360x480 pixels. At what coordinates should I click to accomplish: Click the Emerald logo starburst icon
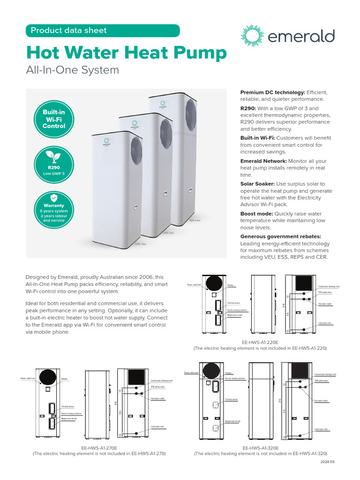(252, 36)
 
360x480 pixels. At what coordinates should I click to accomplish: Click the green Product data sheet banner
(103, 30)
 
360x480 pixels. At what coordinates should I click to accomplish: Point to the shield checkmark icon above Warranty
(54, 198)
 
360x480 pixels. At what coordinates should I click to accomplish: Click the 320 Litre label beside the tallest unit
(195, 220)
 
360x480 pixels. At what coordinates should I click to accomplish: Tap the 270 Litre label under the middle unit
(168, 233)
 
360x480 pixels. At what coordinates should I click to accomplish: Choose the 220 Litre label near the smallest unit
(140, 244)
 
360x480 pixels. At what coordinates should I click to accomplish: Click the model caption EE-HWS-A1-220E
(260, 343)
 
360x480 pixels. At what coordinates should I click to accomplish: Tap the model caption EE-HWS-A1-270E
(99, 448)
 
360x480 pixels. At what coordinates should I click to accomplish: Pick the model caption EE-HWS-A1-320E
(261, 448)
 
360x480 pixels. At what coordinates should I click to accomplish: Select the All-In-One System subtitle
(72, 70)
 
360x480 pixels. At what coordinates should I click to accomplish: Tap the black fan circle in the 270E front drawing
(48, 377)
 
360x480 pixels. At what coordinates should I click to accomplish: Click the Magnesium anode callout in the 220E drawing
(235, 315)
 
